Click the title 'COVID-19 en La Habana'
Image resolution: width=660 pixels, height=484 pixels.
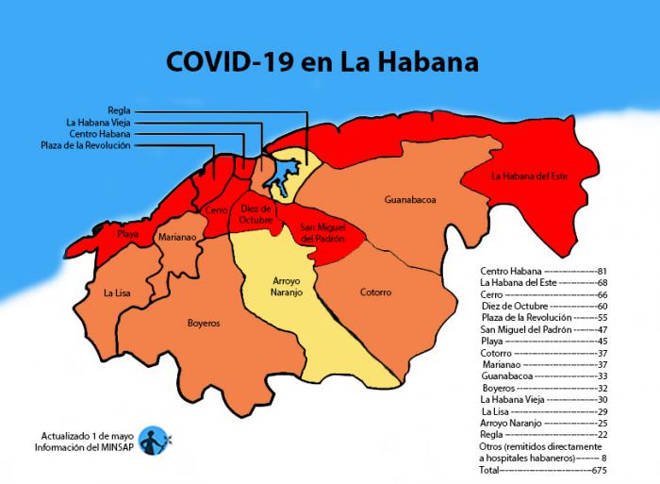[322, 62]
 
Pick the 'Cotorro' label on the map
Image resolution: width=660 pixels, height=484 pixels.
[375, 292]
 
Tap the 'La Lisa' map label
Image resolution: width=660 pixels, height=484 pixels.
[118, 293]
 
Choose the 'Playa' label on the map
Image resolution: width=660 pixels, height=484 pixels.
[128, 233]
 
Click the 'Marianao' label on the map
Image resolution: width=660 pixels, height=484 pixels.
[177, 238]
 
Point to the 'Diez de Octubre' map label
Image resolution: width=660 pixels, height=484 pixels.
[256, 214]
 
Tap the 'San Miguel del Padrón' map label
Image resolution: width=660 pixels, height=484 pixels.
[322, 234]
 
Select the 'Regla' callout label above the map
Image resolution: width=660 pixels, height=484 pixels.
[119, 110]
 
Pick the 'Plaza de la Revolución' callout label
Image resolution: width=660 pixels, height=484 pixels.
[86, 145]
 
